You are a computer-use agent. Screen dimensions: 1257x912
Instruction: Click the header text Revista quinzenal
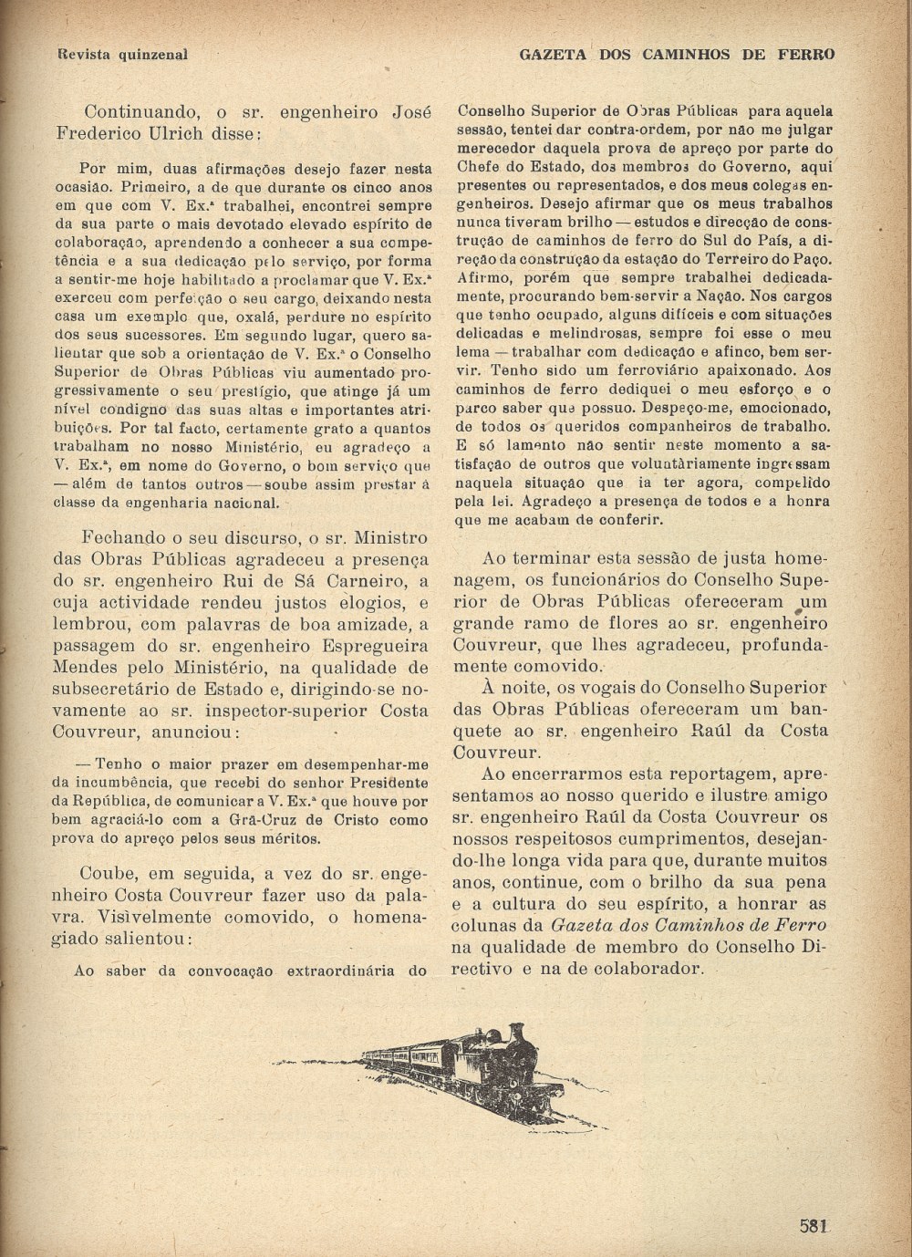point(122,54)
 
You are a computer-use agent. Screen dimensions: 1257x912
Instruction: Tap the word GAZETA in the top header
point(554,54)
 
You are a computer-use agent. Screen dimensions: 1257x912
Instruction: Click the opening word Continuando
point(141,113)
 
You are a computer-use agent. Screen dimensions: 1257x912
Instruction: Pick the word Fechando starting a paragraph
point(124,537)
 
